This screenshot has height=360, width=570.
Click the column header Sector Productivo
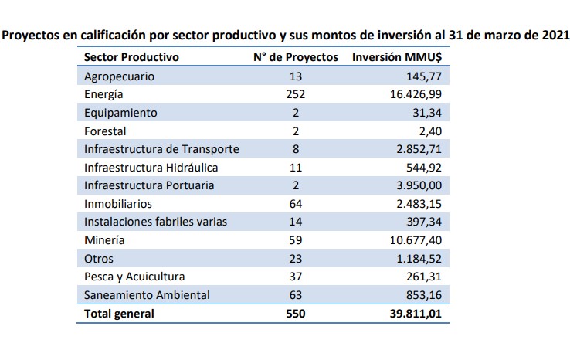point(131,57)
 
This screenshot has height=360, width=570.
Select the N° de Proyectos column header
point(296,57)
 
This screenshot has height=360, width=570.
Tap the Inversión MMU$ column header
point(402,57)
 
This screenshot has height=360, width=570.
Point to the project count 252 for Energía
point(295,94)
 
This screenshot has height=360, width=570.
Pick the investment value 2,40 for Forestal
point(436,131)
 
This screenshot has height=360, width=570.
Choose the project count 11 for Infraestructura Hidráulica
point(295,168)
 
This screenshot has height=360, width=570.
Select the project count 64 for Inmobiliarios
point(295,204)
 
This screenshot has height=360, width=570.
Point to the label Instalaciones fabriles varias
point(156,222)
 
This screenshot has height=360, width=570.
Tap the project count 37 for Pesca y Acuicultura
point(295,277)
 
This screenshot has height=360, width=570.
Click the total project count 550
point(295,314)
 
